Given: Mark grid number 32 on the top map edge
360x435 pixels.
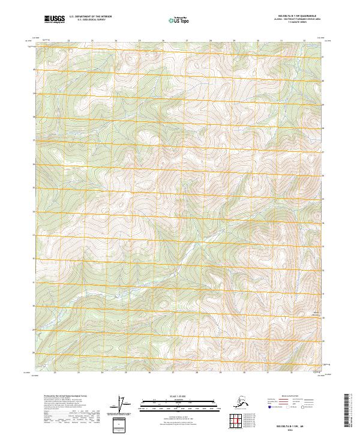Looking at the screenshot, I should tap(304, 40).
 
